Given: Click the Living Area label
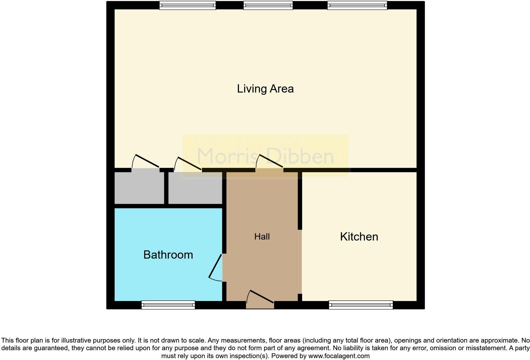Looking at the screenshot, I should (x=265, y=89).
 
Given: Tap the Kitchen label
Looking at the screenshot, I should (x=359, y=237).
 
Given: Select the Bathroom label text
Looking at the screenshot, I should (x=168, y=255).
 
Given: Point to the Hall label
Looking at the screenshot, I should (x=262, y=236).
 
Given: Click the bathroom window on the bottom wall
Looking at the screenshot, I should (x=168, y=305).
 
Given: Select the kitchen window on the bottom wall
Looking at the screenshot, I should (x=361, y=305).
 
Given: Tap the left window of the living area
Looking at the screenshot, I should (x=187, y=5).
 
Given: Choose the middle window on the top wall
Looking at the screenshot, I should (x=268, y=5).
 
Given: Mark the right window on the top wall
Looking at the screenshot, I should (x=357, y=5).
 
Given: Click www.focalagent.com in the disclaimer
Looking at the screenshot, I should (x=339, y=356).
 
